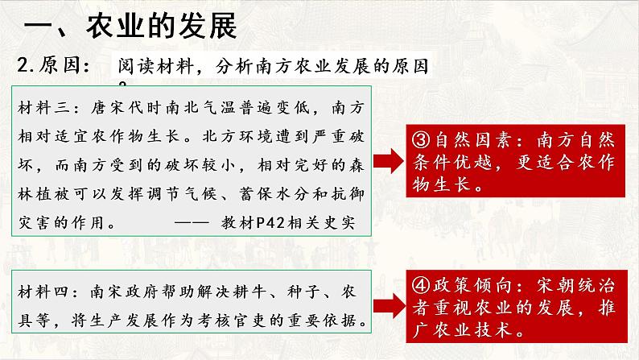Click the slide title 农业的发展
(x=162, y=26)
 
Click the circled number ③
(x=421, y=140)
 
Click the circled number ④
(x=421, y=285)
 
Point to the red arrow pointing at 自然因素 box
(x=389, y=161)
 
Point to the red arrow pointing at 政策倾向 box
(x=389, y=306)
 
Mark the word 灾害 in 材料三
(x=35, y=222)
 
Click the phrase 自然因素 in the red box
(x=472, y=140)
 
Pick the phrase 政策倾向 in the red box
(x=472, y=285)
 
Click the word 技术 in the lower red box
(x=493, y=330)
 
